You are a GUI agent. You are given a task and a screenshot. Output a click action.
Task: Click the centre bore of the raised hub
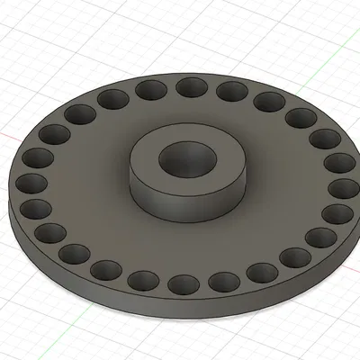pos(186,160)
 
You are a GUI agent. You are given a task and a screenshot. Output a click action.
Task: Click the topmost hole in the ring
pos(190,86)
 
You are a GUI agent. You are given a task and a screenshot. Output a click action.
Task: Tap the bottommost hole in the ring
pos(183,285)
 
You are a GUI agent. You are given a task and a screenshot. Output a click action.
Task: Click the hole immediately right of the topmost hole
pos(230,90)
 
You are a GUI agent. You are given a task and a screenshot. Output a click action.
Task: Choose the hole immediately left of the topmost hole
pos(149,89)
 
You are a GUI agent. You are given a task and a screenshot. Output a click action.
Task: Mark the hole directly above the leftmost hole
pos(39,160)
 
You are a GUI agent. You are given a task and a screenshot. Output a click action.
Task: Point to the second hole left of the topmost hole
pos(112,98)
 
